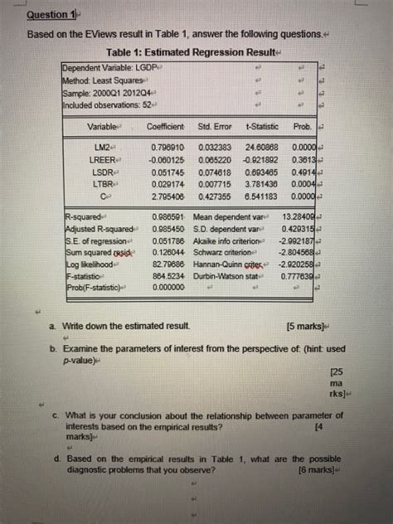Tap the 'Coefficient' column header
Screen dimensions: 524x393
point(164,127)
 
